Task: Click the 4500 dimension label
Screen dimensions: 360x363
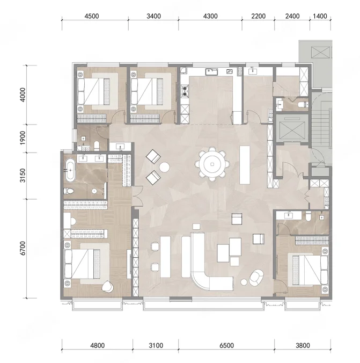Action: tap(92, 16)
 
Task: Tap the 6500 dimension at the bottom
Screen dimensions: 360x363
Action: tap(226, 345)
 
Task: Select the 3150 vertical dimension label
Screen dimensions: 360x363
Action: tap(23, 176)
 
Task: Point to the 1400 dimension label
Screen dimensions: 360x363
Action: tap(320, 16)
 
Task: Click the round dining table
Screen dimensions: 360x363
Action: tap(212, 164)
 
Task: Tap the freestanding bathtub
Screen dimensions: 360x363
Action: tap(70, 170)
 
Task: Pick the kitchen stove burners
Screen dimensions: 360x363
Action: tap(185, 91)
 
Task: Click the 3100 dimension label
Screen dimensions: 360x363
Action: tap(156, 345)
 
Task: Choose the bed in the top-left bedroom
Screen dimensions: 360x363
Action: tap(98, 91)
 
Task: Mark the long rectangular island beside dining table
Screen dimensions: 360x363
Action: tap(245, 165)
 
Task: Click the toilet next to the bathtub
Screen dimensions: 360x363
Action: tap(69, 191)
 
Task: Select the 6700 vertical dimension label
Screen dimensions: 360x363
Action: tap(23, 248)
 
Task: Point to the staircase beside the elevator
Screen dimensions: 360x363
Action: tap(321, 127)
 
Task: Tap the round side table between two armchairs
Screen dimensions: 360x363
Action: tap(164, 167)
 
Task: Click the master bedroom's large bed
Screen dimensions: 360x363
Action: tap(86, 264)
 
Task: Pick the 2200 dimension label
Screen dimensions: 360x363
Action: tap(258, 16)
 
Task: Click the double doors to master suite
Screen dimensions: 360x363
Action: tap(137, 196)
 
